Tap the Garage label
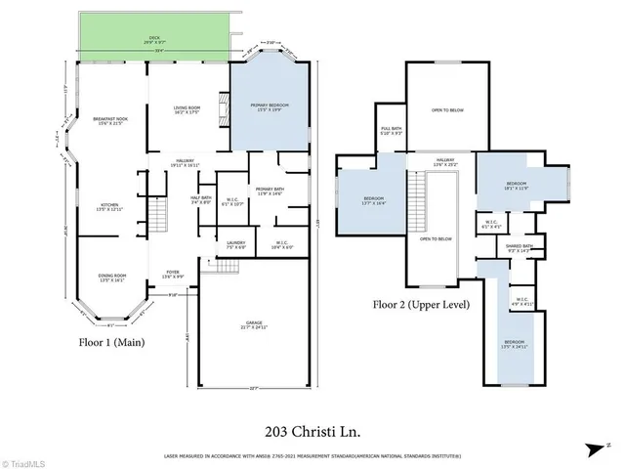254,323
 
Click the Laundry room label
234,244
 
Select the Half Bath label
201,199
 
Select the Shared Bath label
519,248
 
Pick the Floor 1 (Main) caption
116,342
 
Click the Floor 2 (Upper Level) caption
421,304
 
